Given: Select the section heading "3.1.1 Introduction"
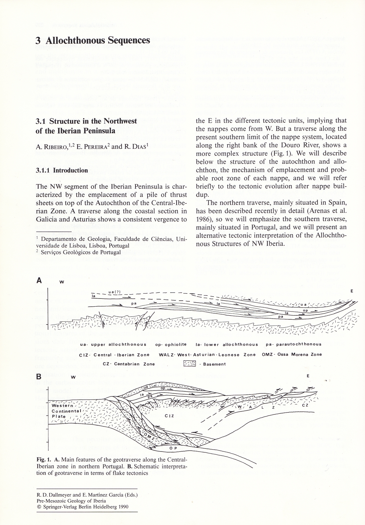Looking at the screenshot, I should [62, 170].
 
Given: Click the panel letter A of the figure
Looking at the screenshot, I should [39, 281].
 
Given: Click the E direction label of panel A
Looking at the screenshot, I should [352, 291].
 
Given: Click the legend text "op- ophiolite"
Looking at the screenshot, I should [171, 344].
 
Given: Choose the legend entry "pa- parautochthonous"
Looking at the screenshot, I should [294, 344].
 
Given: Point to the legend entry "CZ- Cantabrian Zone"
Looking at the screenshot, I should [129, 364].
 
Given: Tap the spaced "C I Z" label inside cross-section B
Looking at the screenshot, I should [170, 416].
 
